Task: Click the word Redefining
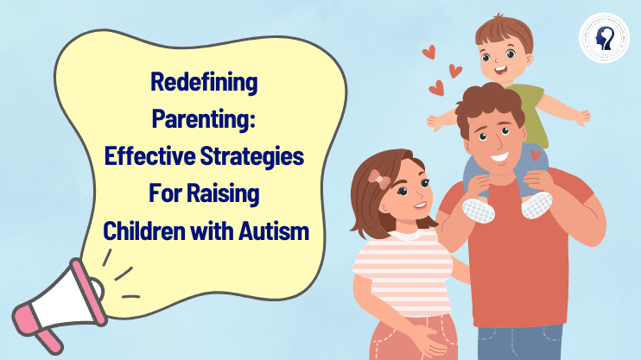[204, 83]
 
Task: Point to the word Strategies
[252, 156]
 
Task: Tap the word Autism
[274, 231]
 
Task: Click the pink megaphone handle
[49, 341]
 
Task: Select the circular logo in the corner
[604, 38]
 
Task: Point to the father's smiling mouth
[500, 157]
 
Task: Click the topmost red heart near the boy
[429, 52]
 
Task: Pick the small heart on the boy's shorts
[536, 155]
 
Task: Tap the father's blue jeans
[520, 343]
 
